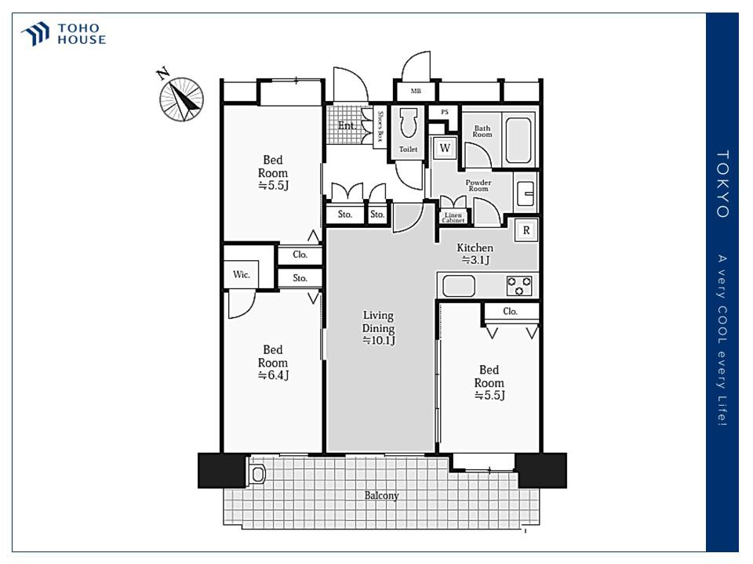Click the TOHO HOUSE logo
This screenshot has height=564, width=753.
(63, 34)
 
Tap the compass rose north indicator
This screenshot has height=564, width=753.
(180, 97)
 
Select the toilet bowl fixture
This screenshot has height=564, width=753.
(409, 123)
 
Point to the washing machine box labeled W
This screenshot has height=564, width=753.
(445, 148)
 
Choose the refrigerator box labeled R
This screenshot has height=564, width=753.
(526, 230)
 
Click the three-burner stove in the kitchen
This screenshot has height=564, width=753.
(519, 285)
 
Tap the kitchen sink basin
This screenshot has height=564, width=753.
(459, 286)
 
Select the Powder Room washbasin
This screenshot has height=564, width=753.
(526, 193)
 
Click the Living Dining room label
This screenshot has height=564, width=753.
(378, 328)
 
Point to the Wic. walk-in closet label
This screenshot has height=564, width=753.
(241, 274)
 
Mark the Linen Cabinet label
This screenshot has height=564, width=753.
(453, 218)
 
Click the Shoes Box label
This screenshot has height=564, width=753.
(380, 126)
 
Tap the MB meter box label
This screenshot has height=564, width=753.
(416, 91)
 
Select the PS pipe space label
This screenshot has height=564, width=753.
(445, 112)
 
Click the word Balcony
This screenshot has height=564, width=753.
(381, 496)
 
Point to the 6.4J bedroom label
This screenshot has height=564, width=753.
(273, 363)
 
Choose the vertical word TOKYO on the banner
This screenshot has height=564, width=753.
(722, 184)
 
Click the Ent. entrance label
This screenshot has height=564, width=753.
(347, 125)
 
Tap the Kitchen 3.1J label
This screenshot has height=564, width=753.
(475, 254)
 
